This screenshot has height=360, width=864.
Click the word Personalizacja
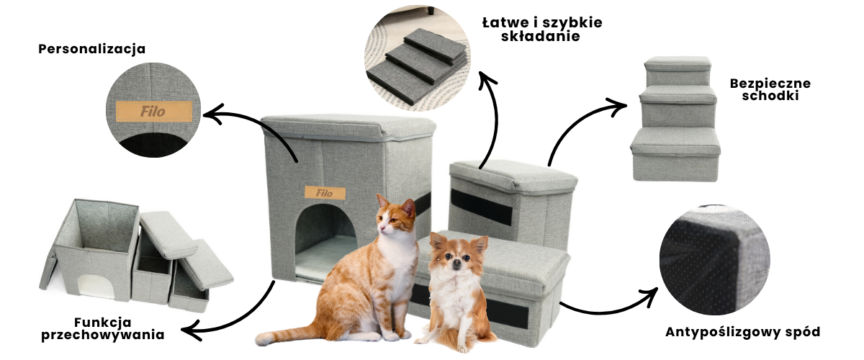coord(92,49)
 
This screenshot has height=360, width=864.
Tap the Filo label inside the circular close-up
coord(154,112)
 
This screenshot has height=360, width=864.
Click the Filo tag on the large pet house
coord(325,193)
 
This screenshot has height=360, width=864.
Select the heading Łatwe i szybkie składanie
coord(542,29)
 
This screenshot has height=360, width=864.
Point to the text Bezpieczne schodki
coord(770,89)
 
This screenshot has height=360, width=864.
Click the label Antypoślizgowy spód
coord(743,332)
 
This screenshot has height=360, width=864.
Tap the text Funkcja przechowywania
coord(102,328)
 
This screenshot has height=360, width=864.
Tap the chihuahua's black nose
coord(456,263)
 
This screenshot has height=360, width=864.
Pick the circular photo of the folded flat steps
coord(418,58)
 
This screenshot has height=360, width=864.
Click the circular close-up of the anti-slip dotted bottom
coord(715,260)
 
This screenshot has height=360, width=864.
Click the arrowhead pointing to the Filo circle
coord(213,114)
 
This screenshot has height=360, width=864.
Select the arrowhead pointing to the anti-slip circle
coord(649,297)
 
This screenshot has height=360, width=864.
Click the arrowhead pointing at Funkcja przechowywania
coord(192,330)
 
